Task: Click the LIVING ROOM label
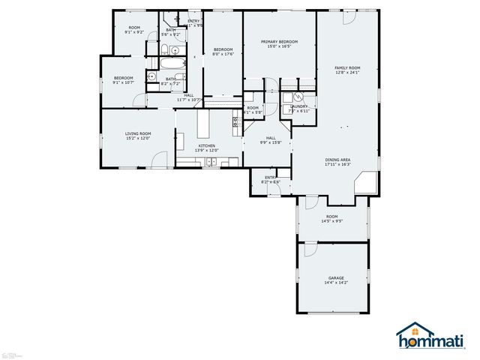[138, 133]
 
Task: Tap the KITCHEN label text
[206, 145]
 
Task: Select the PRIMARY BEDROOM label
[279, 42]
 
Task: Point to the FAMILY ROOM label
[347, 68]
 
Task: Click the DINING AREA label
[337, 160]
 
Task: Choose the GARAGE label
[335, 277]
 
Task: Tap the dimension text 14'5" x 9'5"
[332, 221]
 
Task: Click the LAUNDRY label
[299, 106]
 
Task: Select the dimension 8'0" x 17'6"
[223, 53]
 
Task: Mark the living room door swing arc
[159, 160]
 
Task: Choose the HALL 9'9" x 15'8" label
[270, 140]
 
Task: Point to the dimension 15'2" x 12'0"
[138, 139]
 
